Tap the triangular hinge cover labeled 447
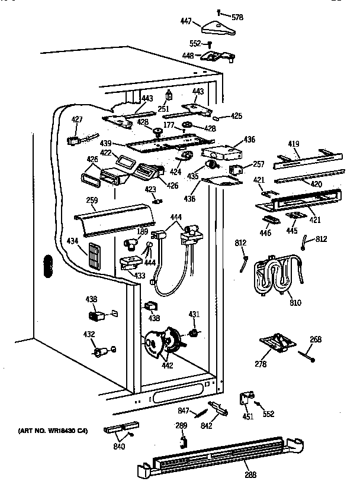pyautogui.click(x=217, y=27)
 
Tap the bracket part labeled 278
pyautogui.click(x=277, y=343)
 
